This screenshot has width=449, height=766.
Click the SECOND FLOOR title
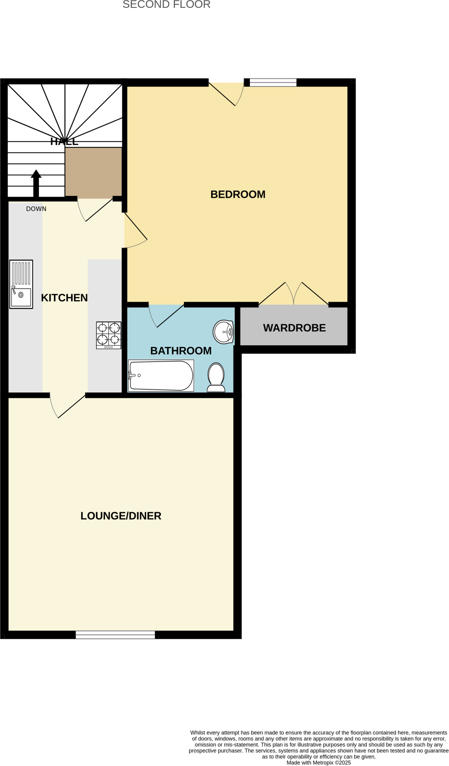pyautogui.click(x=166, y=5)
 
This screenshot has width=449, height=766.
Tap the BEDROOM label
pyautogui.click(x=238, y=194)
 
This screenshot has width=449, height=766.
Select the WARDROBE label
pyautogui.click(x=294, y=328)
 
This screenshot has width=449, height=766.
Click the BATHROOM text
pyautogui.click(x=181, y=351)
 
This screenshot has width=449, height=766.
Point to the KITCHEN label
pyautogui.click(x=64, y=298)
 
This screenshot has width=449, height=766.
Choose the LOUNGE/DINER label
pyautogui.click(x=121, y=516)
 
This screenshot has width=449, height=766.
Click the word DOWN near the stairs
pyautogui.click(x=36, y=209)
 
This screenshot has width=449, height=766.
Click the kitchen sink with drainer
pyautogui.click(x=21, y=284)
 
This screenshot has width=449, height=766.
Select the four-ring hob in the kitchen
pyautogui.click(x=108, y=335)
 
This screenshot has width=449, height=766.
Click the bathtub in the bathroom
pyautogui.click(x=161, y=376)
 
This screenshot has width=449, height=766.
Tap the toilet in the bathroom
pyautogui.click(x=216, y=377)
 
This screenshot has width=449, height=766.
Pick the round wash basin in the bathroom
pyautogui.click(x=224, y=332)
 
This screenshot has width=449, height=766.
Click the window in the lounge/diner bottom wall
pyautogui.click(x=115, y=635)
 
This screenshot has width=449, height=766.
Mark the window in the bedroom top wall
pyautogui.click(x=273, y=82)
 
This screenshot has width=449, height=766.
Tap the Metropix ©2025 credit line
pyautogui.click(x=319, y=763)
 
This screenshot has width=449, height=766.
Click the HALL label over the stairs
pyautogui.click(x=64, y=142)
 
